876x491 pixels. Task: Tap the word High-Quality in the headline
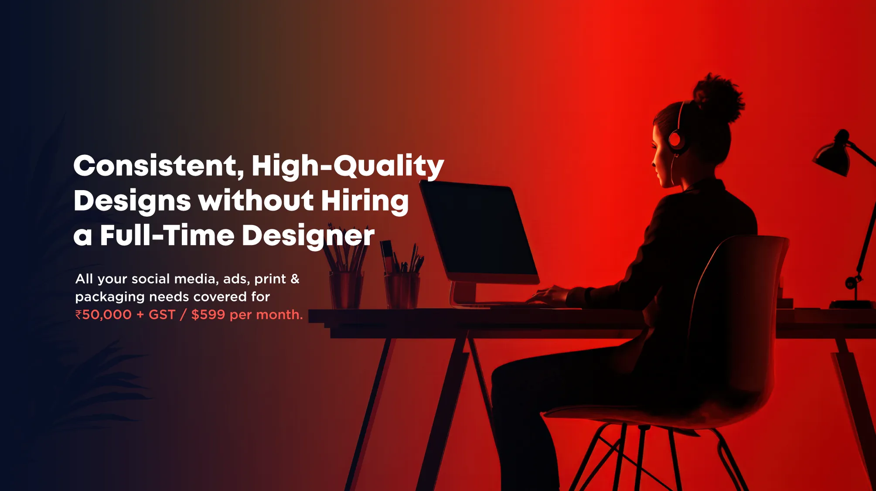click(348, 167)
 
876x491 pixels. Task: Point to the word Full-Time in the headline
click(167, 235)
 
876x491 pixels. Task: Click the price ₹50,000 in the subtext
click(103, 315)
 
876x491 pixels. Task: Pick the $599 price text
click(208, 315)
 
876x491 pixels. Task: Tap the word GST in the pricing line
click(162, 315)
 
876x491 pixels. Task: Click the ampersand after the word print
click(295, 279)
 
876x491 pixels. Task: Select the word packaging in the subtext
click(110, 297)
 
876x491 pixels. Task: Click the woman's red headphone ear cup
click(675, 140)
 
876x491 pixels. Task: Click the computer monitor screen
click(478, 230)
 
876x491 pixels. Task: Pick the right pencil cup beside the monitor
click(402, 290)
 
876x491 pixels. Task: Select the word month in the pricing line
click(277, 315)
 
